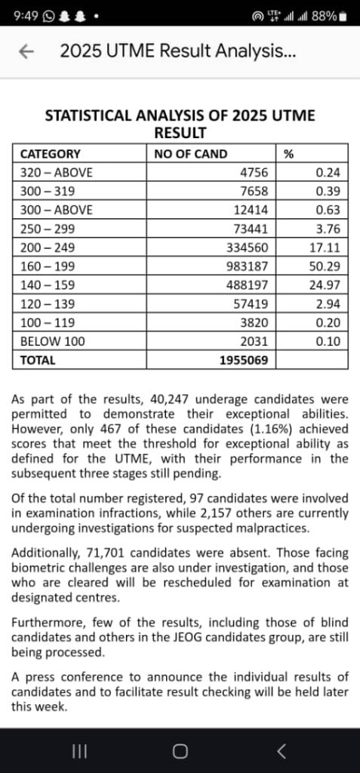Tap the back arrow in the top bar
[x=27, y=51]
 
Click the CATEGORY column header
[x=50, y=153]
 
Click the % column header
[x=288, y=153]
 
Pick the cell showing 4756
[x=254, y=172]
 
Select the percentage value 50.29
[x=326, y=266]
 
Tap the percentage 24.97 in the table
[x=326, y=285]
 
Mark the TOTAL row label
[x=38, y=360]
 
